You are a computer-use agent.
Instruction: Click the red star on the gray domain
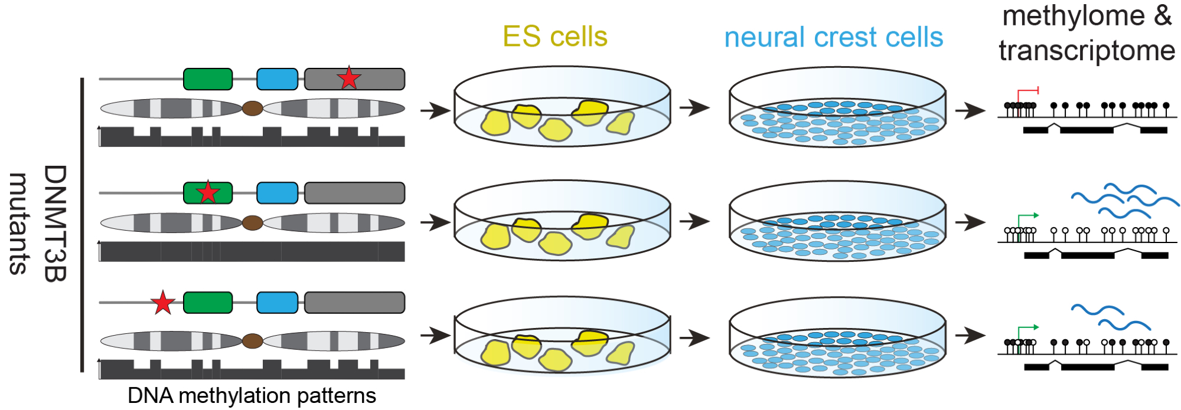tap(349, 78)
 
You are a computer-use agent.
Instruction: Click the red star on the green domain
tap(208, 192)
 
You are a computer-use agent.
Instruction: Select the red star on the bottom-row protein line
tap(163, 303)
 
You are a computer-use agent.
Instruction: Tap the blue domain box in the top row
tap(277, 79)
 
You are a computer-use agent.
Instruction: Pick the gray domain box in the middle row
tap(354, 193)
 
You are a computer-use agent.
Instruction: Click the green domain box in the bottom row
tap(208, 303)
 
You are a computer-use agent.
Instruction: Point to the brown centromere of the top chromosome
tap(252, 108)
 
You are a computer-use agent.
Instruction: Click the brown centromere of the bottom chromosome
tap(252, 340)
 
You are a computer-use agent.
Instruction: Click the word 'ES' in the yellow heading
tap(522, 37)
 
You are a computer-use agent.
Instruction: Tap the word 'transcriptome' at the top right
tap(1087, 51)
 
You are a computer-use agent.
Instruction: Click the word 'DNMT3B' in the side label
tap(56, 224)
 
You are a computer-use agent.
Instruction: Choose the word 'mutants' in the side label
tap(19, 224)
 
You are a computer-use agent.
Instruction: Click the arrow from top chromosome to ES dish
tap(435, 110)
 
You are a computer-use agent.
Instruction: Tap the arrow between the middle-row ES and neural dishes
tap(694, 222)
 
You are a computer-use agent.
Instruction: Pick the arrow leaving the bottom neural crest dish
tap(970, 335)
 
